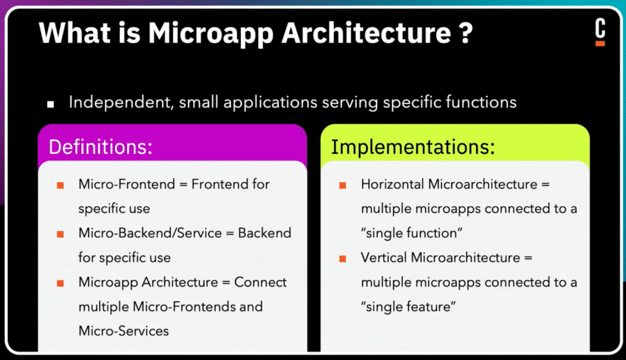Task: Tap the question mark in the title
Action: click(465, 32)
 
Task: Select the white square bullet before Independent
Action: click(50, 104)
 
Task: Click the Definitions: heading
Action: click(101, 147)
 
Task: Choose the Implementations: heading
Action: click(413, 147)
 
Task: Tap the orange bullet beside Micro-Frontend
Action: click(61, 185)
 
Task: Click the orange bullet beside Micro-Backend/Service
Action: click(61, 234)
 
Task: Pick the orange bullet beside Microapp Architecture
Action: click(61, 283)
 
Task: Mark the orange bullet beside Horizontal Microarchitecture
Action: click(342, 185)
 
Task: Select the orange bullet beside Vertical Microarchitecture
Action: click(342, 259)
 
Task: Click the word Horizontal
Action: click(392, 184)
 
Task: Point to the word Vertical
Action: click(384, 257)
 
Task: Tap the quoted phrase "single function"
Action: click(411, 233)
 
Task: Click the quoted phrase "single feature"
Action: click(408, 306)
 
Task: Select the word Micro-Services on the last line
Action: click(123, 331)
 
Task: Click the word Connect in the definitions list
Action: click(260, 282)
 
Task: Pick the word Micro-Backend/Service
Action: click(150, 233)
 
